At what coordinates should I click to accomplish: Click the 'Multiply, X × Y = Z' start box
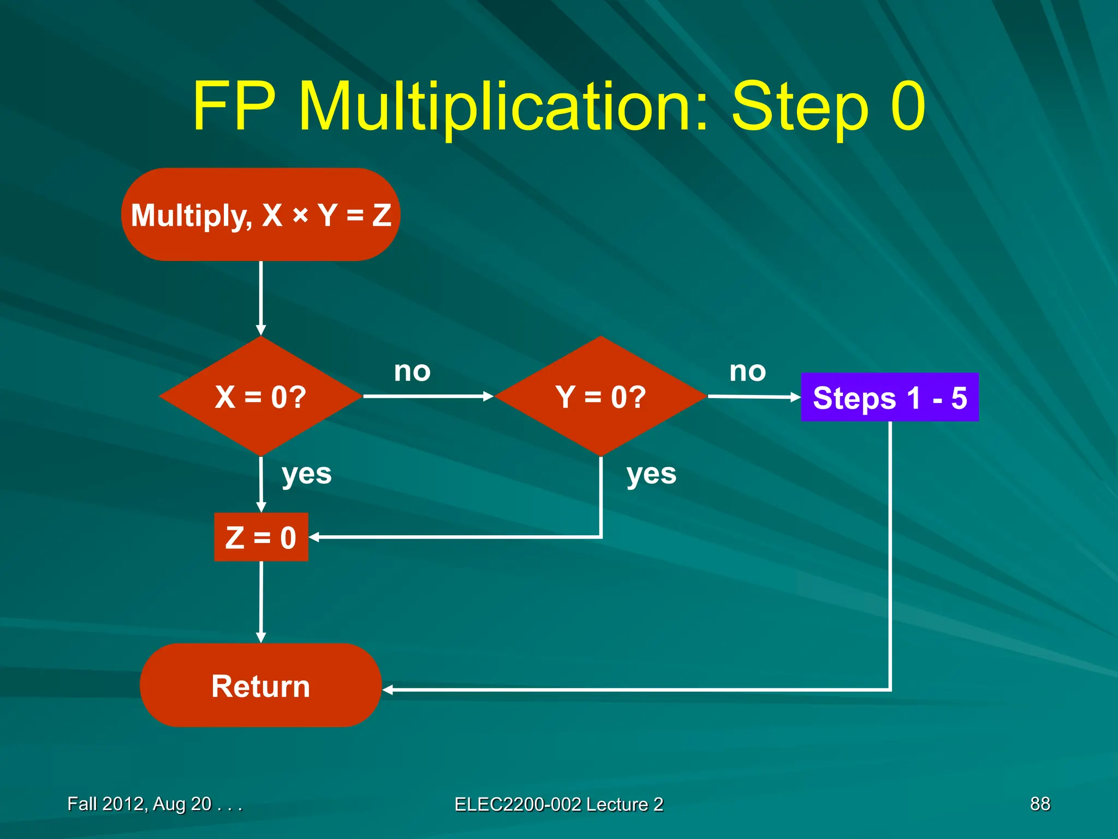(x=261, y=215)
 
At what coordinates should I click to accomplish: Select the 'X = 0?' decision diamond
(x=261, y=397)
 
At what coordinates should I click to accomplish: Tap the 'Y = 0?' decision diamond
(x=600, y=397)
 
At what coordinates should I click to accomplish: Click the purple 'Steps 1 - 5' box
(x=889, y=397)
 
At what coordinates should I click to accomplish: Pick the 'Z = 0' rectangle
(x=261, y=537)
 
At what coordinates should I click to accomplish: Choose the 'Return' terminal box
(x=261, y=686)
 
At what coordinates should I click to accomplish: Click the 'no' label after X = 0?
(x=412, y=371)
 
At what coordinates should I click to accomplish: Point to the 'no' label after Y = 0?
(x=747, y=371)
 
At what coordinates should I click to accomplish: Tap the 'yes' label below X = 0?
(x=306, y=474)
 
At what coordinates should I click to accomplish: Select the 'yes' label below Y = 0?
(x=651, y=474)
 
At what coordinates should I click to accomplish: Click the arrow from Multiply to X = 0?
(x=261, y=298)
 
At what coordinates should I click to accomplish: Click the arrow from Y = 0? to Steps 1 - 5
(x=753, y=397)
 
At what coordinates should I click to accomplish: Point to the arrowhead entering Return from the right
(x=388, y=690)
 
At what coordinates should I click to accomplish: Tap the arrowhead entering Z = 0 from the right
(x=314, y=537)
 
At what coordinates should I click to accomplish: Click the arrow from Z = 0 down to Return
(x=261, y=601)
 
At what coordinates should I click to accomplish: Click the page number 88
(x=1039, y=803)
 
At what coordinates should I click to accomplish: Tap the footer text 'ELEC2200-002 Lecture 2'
(x=558, y=804)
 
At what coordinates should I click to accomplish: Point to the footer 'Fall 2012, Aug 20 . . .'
(x=154, y=803)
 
